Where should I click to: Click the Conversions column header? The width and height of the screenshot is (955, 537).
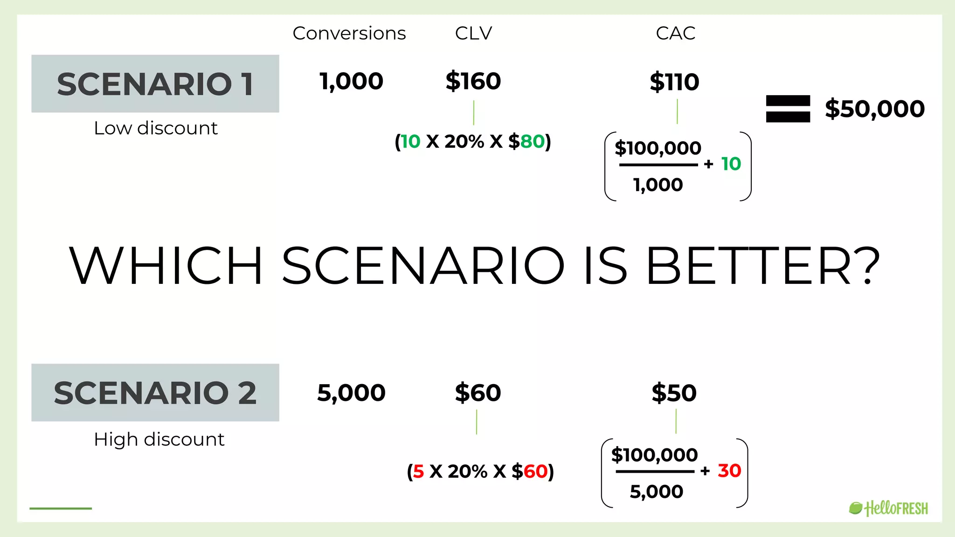349,34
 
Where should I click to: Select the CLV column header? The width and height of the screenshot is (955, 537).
473,34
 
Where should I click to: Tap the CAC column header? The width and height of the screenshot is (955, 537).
675,34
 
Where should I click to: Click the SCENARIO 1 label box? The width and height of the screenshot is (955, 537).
155,84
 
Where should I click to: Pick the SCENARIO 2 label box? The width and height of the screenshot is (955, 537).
155,392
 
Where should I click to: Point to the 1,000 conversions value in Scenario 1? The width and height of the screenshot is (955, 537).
351,82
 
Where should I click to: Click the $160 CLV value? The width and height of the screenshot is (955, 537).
473,82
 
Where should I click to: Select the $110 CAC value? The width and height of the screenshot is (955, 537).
674,82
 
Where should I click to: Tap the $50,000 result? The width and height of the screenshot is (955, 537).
874,109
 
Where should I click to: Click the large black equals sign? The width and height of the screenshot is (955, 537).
788,109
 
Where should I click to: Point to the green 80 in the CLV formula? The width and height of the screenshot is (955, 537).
532,142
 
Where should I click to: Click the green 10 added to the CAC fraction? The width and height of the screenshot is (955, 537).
731,164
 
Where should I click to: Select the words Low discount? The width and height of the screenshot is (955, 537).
155,128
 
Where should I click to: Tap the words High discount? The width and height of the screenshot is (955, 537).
159,440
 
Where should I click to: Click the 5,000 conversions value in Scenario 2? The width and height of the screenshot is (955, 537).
351,393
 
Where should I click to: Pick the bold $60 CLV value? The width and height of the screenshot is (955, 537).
477,393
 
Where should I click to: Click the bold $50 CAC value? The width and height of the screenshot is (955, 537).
674,393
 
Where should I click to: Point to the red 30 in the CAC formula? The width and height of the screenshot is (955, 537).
729,471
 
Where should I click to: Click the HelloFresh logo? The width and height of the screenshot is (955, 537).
888,508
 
